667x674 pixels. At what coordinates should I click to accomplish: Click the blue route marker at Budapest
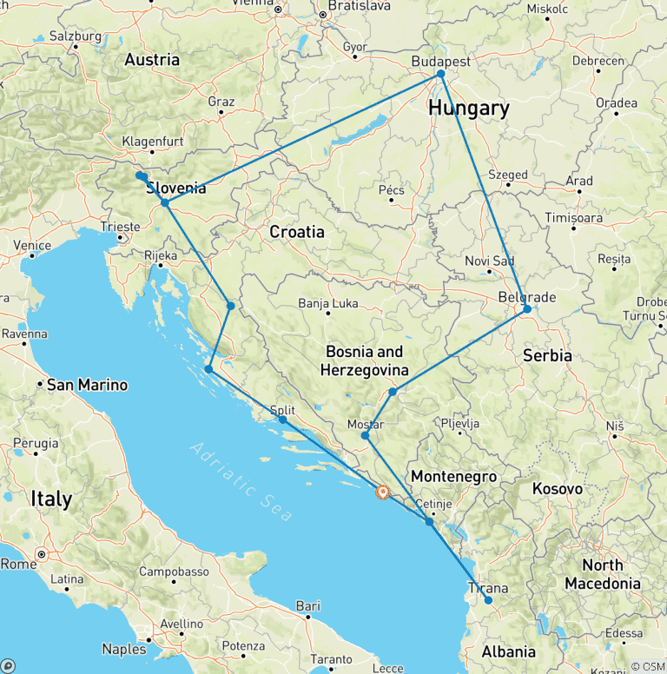point(440,74)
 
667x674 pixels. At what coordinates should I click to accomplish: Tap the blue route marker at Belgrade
point(527,309)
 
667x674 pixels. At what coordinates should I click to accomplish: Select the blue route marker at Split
point(283,420)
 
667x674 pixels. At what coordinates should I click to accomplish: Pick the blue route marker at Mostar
point(365,435)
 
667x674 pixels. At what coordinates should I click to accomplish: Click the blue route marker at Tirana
point(488,600)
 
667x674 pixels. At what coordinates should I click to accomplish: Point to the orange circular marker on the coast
point(381,492)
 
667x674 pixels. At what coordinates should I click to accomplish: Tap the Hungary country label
point(468,109)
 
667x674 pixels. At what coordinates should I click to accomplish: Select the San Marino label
point(87,385)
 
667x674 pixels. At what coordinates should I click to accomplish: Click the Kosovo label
point(558,489)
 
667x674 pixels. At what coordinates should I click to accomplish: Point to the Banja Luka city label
point(327,304)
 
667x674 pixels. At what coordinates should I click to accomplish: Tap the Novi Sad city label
point(490,261)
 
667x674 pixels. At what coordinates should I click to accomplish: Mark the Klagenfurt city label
point(153,141)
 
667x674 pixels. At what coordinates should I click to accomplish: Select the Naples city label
point(124,649)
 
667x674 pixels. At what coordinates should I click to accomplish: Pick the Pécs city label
point(392,190)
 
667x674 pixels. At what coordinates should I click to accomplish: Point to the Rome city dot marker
point(41,554)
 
